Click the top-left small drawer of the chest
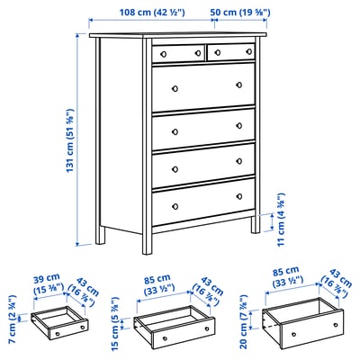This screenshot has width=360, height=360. tap(177, 53)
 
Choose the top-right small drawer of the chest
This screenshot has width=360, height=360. tap(232, 54)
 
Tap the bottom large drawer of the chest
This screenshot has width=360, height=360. tap(203, 207)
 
